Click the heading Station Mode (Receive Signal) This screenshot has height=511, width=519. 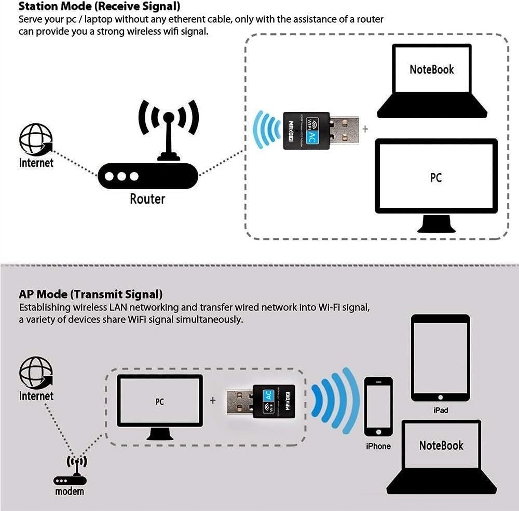[100, 7]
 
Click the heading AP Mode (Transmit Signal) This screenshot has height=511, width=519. [91, 294]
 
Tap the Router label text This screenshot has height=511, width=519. [147, 199]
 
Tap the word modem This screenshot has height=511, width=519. [70, 491]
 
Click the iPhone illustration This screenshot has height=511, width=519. [378, 407]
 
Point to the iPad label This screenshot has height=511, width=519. [440, 410]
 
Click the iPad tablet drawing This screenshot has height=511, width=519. [440, 358]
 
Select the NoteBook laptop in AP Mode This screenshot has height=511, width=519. [441, 456]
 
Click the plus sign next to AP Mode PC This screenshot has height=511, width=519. [213, 401]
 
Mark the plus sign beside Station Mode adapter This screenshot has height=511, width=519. [365, 128]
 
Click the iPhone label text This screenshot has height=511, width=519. [378, 446]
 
